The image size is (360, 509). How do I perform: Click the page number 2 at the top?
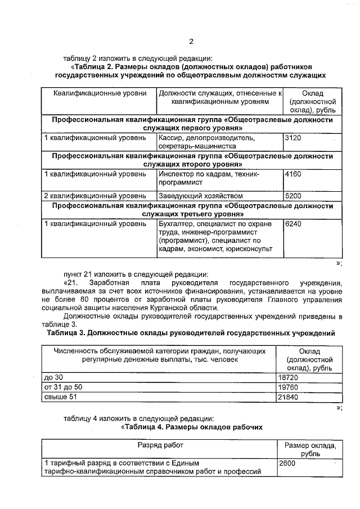(x=191, y=41)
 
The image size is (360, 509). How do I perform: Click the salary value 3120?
(x=294, y=137)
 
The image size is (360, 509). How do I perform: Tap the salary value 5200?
(x=294, y=196)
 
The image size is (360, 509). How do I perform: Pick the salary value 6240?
(x=294, y=224)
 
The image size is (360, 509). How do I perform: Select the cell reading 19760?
(x=289, y=387)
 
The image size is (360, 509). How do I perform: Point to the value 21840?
(x=289, y=397)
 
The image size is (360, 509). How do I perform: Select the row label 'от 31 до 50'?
(x=63, y=387)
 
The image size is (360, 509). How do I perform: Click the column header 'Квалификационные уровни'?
(x=100, y=93)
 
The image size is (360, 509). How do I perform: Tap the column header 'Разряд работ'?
(x=159, y=445)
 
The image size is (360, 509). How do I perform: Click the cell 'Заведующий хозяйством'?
(x=201, y=196)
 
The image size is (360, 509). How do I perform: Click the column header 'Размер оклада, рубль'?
(x=310, y=449)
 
